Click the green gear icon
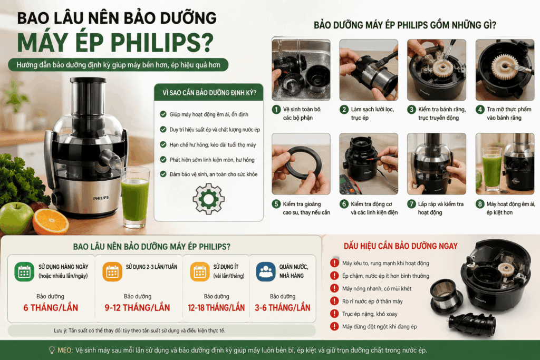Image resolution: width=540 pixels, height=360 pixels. tap(208, 199)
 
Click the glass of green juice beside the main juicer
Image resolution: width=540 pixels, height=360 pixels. tap(135, 197)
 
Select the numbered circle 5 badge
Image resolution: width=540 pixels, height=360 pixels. tap(276, 204)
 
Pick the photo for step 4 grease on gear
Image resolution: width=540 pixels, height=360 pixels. tap(505, 70)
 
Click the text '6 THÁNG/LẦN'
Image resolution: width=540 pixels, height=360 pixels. tap(51, 308)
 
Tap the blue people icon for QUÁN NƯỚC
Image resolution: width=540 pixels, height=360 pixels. tap(266, 271)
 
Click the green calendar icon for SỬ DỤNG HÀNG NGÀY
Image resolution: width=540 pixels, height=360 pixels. tap(24, 271)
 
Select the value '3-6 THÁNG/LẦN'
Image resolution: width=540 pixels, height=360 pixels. tap(283, 308)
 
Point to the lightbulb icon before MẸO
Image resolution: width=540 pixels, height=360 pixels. tap(52, 351)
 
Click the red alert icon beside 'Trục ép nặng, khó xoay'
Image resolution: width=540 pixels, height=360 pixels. tap(334, 314)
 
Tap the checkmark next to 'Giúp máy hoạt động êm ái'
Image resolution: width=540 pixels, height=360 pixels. tap(163, 114)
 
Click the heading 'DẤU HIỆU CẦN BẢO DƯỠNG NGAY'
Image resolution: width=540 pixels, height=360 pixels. tap(401, 246)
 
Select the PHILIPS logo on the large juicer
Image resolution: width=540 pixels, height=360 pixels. tap(101, 198)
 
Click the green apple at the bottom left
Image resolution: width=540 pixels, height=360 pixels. tap(16, 218)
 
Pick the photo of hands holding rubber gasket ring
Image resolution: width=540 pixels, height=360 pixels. tap(301, 164)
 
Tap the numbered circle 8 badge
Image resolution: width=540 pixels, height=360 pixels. tap(480, 204)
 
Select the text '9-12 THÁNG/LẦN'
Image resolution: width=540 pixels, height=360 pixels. tap(137, 308)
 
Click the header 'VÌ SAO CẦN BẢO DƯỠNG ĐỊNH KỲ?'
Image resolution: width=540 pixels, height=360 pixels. tap(209, 93)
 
